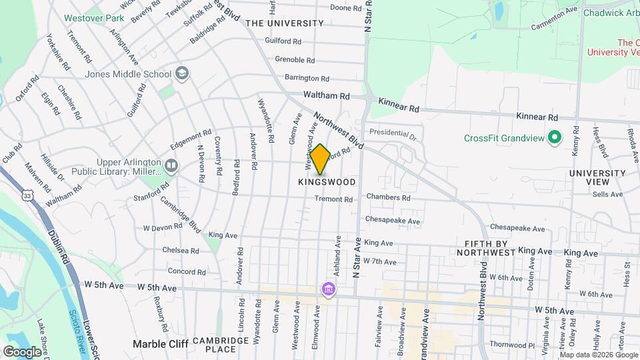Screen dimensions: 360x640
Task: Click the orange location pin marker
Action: [320, 159]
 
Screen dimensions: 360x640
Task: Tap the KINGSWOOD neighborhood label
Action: [327, 182]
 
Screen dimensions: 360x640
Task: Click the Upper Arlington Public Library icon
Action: [172, 165]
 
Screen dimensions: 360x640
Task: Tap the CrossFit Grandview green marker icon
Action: [553, 138]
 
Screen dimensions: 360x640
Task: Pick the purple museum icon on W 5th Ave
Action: [328, 289]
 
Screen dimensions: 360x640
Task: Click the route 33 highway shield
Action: [27, 195]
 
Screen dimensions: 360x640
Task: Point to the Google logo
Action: [22, 351]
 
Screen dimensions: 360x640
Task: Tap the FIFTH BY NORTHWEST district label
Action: [486, 247]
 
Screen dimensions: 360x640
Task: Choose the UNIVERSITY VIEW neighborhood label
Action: [597, 178]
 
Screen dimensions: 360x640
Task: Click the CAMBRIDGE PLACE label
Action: [211, 345]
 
